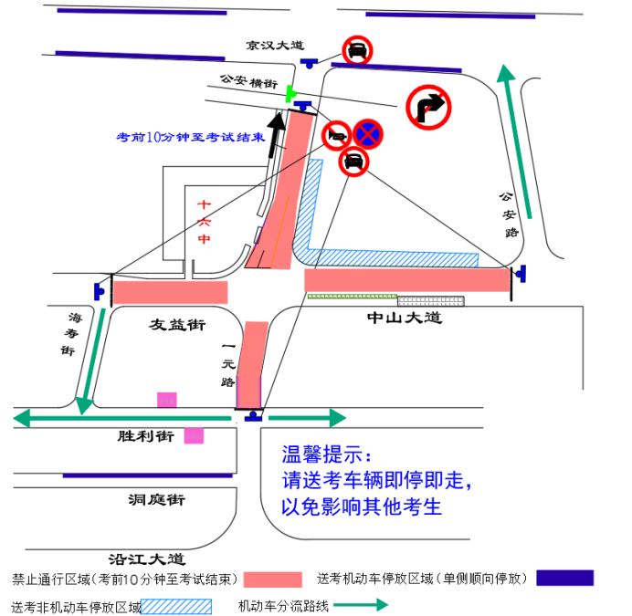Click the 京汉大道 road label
[275, 45]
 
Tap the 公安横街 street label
[249, 81]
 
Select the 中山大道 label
[405, 318]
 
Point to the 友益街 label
[177, 324]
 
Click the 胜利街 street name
[146, 436]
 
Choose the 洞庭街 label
[157, 499]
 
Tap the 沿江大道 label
[147, 559]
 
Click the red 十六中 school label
[204, 222]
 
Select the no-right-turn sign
[428, 107]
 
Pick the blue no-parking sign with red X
[368, 134]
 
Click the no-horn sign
[337, 136]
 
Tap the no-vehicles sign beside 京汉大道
[357, 50]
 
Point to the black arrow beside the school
[277, 135]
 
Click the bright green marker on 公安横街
[290, 94]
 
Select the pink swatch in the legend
[273, 579]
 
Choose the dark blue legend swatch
[564, 578]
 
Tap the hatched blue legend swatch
[176, 606]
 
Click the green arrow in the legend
[361, 604]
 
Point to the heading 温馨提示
[326, 454]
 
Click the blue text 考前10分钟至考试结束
[191, 137]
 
